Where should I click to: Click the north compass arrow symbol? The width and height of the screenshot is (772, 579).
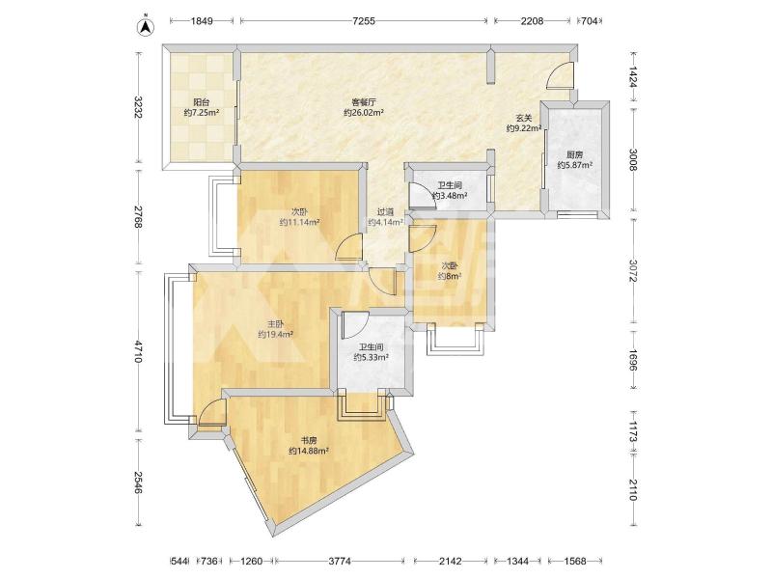coord(146,27)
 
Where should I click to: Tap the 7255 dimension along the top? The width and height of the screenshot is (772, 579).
coord(364,20)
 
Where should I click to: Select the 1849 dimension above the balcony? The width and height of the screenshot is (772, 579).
coord(202,20)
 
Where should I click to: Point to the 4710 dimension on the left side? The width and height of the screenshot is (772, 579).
coord(138,351)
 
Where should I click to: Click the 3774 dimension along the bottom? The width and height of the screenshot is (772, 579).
coord(340,561)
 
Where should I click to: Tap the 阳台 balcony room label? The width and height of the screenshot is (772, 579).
coord(202,102)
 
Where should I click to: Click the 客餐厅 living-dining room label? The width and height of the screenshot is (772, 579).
coord(364,102)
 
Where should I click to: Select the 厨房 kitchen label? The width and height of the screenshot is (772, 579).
coord(574,154)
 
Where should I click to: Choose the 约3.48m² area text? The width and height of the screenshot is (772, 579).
coord(450,196)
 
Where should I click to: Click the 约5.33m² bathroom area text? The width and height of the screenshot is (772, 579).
coord(372,357)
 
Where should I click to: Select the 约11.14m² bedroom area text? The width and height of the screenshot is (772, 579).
coord(300,222)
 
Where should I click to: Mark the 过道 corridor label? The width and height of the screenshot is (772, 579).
coord(385,212)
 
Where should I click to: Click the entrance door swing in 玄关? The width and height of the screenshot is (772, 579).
coord(561,75)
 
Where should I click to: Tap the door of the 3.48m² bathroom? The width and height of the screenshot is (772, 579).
coord(420,195)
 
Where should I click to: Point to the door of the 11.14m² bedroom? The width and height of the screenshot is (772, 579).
coord(348,248)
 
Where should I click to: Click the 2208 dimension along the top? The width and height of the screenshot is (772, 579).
coord(533,20)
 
